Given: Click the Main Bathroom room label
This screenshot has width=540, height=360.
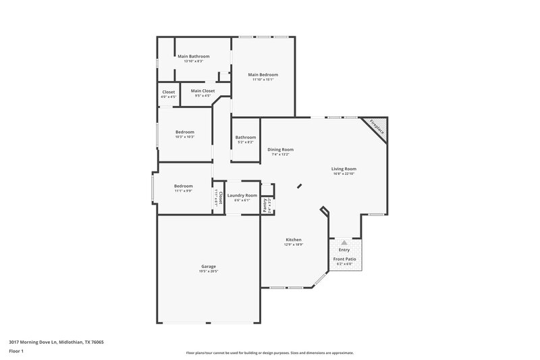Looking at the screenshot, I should coord(194,56).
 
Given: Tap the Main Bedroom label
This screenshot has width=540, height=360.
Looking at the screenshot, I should coord(263,74).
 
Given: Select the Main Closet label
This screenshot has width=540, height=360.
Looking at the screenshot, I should coord(202,91).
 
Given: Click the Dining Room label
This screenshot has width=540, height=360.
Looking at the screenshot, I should coord(280,149).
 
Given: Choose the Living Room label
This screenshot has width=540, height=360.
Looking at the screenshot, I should coord(344,169).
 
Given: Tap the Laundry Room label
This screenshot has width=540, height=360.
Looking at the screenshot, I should coord(242,195).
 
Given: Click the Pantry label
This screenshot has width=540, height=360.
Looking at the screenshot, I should coord(265,206).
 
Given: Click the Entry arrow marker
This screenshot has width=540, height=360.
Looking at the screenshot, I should coord(344,241).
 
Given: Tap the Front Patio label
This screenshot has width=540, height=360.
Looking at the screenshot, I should coord(344,259).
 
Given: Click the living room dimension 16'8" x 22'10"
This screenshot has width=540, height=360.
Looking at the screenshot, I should coord(344,174).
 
